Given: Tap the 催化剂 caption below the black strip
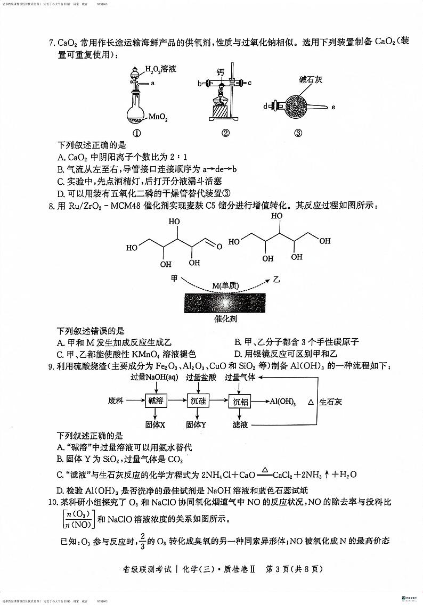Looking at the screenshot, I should click(x=225, y=319).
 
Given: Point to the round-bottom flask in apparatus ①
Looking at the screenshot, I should click(x=136, y=113).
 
